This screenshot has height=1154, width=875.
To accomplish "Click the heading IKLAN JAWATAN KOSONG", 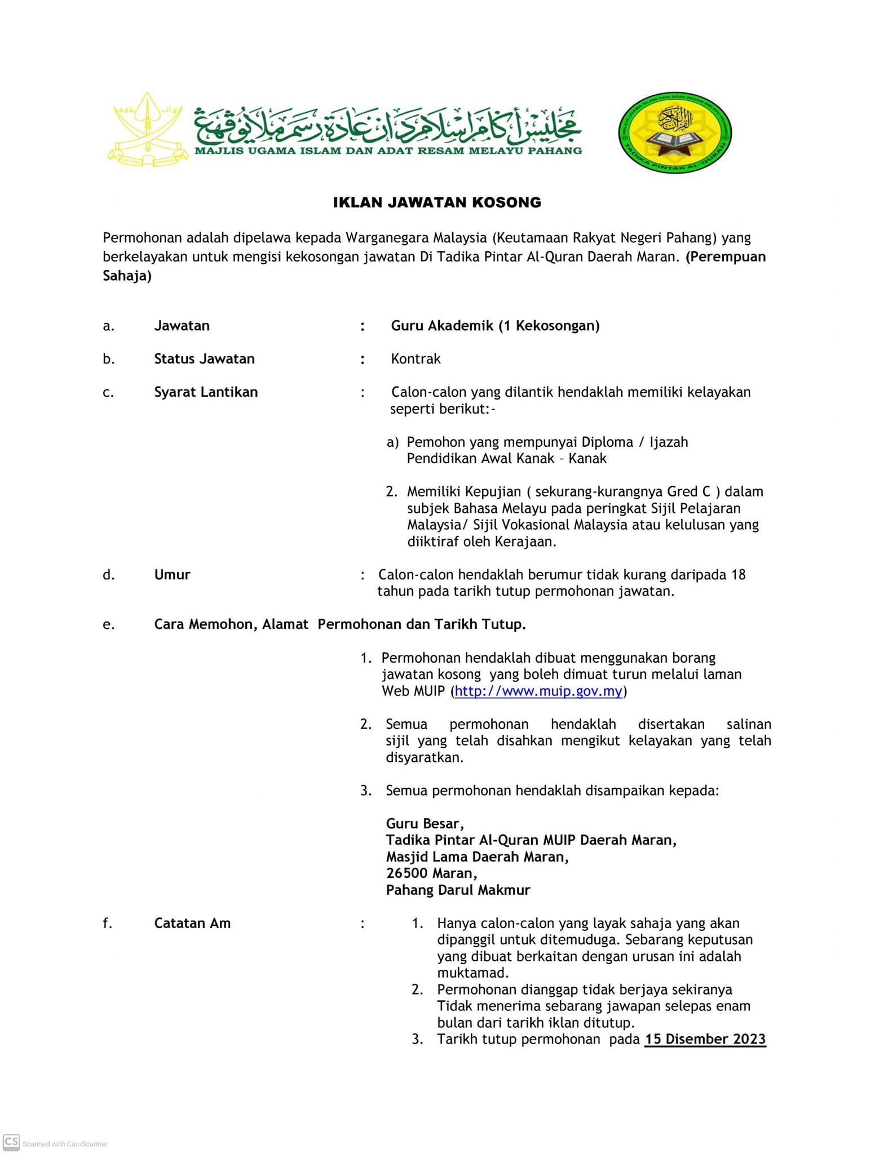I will tap(437, 202).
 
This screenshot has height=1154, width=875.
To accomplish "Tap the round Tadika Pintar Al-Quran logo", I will tap(674, 133).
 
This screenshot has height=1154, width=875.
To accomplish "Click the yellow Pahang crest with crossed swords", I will tap(148, 130).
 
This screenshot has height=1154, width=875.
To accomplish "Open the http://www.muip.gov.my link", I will tap(538, 691).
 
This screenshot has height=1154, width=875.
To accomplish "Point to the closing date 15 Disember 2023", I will tap(705, 1039).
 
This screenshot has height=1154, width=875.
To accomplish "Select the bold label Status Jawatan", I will tap(204, 359).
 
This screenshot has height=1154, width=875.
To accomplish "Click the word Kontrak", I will tap(416, 359).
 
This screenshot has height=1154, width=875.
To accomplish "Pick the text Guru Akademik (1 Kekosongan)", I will tap(495, 326).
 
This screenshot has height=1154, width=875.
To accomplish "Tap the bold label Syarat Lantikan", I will tap(206, 392).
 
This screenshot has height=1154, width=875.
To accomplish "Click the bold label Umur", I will tap(172, 575).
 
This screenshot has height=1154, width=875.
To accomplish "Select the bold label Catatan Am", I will tap(192, 923).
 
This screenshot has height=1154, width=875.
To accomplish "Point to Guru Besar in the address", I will tap(425, 824).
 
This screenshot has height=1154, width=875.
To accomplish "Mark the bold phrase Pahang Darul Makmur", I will tap(458, 890).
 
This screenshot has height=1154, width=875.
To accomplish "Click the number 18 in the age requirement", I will tap(738, 575).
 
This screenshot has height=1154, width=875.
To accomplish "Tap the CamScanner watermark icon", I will tap(11, 1142).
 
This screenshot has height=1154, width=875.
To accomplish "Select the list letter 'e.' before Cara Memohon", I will tap(109, 624).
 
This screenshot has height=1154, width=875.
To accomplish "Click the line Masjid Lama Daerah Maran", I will tap(477, 857).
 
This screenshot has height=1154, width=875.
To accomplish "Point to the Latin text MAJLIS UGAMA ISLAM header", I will tap(388, 150).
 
